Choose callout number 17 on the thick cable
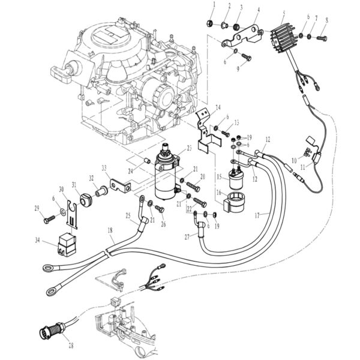point(257,213)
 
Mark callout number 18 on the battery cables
point(110,229)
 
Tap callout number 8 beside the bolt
point(326,20)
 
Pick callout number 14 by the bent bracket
point(218,107)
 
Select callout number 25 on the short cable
point(128,214)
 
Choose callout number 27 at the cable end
point(187,238)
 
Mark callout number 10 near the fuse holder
point(294,160)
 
